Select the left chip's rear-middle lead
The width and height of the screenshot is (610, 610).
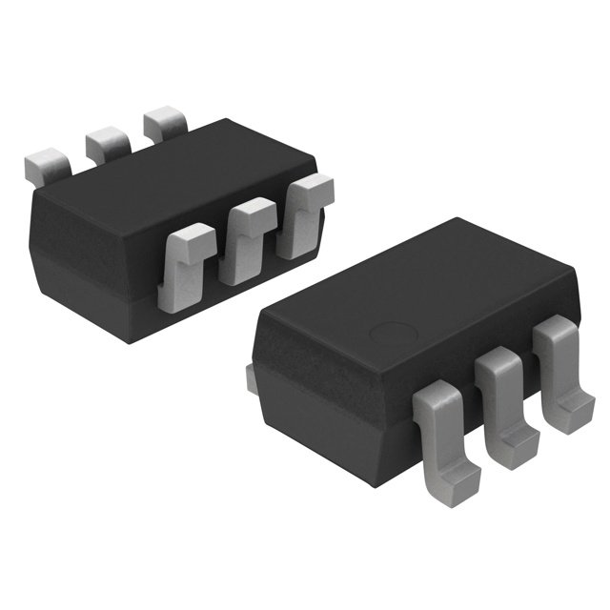click(108, 143)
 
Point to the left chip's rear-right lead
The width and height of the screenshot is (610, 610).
click(165, 125)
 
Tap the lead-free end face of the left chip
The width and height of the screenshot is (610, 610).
click(71, 262)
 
